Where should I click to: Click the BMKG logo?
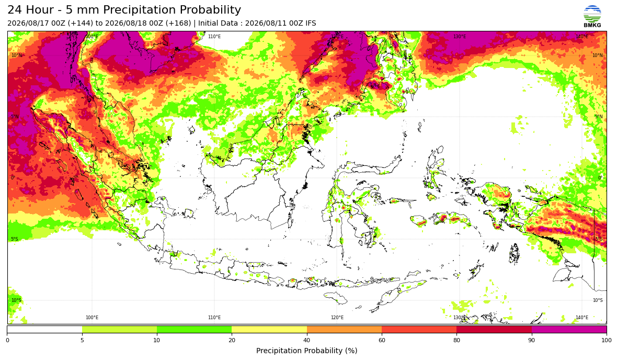592,17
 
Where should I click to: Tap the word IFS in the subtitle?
311,23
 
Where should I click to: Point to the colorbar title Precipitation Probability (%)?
306,351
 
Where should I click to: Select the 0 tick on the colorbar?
7,340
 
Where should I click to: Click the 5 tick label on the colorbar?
82,340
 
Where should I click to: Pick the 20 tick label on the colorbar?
232,340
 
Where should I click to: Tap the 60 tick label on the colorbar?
382,340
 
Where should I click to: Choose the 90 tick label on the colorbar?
532,340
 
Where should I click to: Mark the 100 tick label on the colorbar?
607,340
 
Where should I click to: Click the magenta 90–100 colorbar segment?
569,329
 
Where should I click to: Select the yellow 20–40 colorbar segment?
269,329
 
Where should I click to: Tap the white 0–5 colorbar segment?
44,329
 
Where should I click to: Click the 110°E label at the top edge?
214,37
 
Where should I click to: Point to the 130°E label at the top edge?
460,37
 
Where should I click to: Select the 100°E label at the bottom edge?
92,318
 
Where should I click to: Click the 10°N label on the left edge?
17,55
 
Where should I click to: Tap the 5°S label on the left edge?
15,239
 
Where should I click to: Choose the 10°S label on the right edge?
598,300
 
